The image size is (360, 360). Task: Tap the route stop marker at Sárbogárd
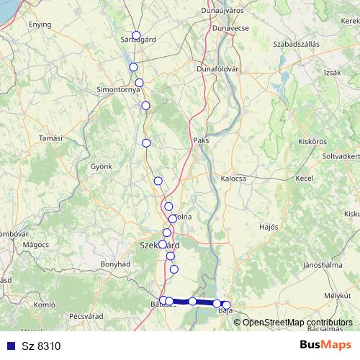136,35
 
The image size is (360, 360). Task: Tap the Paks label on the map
201,140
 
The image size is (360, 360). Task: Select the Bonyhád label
114,264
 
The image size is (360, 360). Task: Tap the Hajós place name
268,226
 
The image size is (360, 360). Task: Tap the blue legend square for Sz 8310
11,346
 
